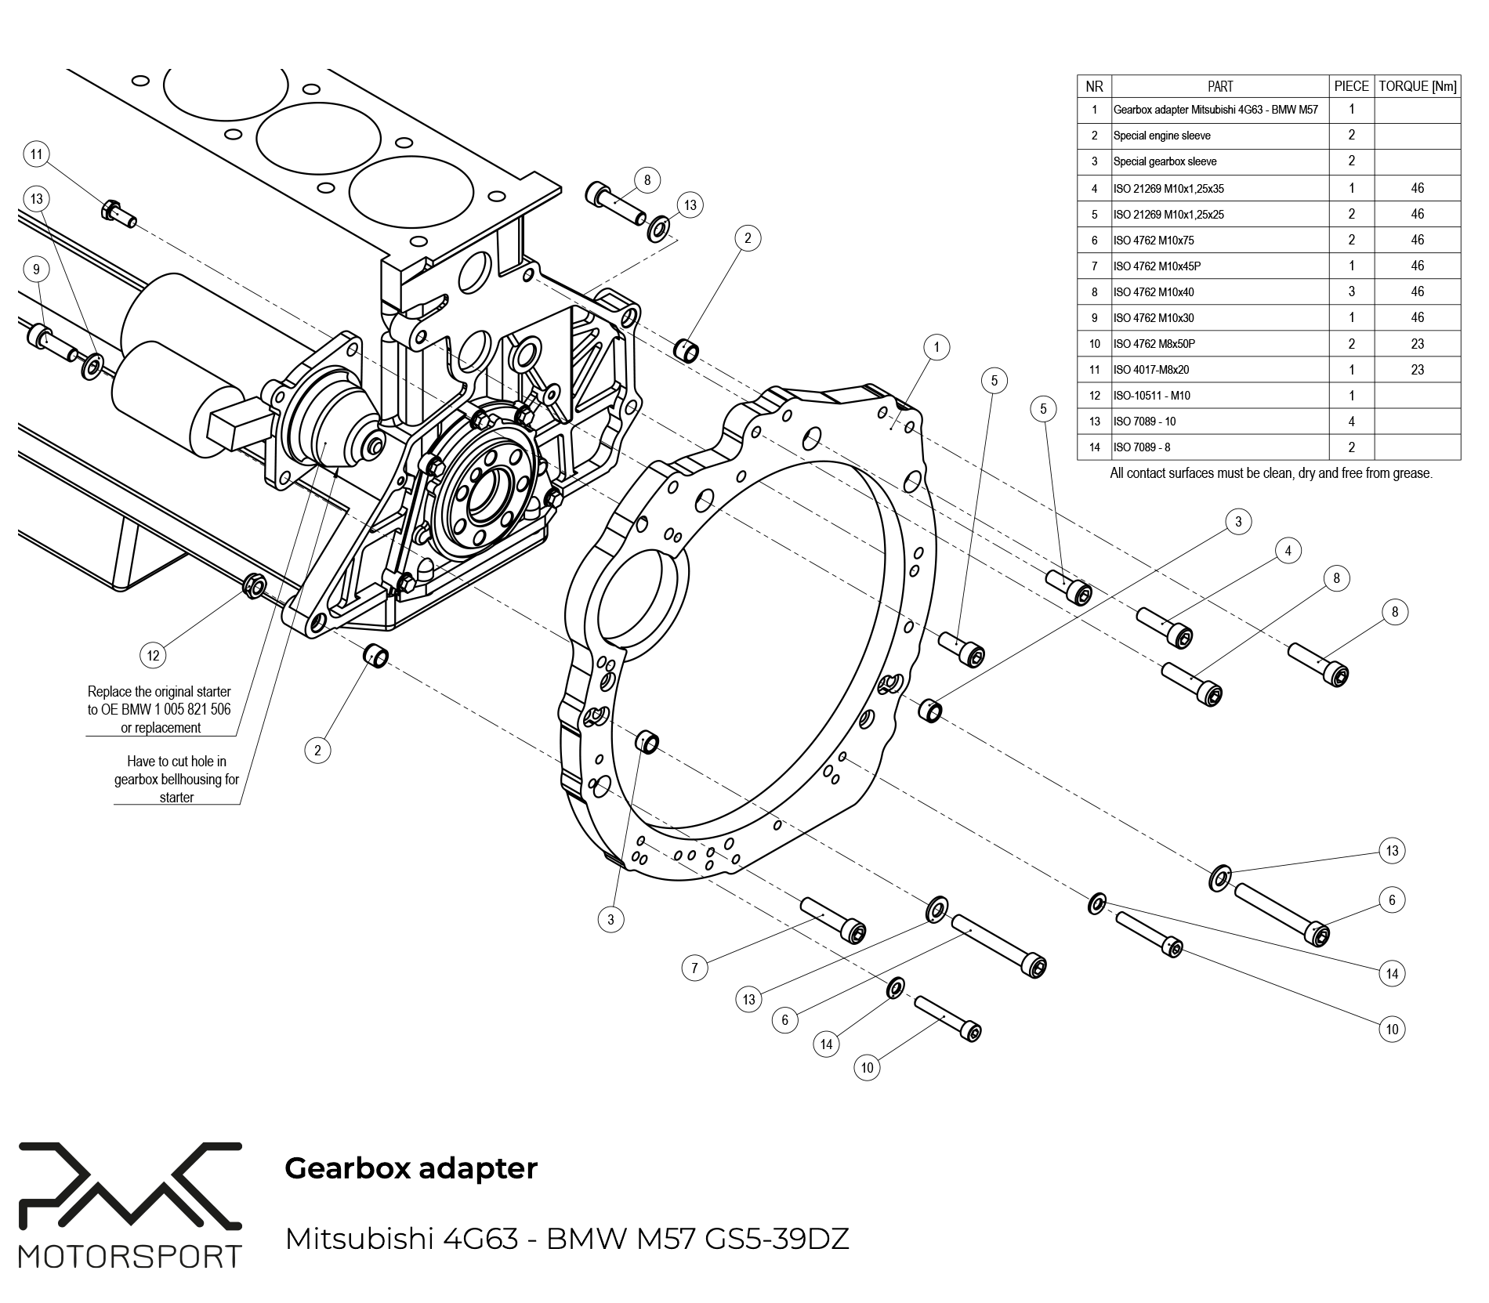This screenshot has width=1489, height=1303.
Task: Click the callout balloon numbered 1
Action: point(936,346)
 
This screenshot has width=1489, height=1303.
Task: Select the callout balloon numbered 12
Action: point(153,655)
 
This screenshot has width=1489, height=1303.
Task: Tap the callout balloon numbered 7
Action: point(694,968)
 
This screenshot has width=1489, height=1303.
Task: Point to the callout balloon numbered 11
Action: point(37,154)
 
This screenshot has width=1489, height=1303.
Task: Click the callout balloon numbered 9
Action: point(36,270)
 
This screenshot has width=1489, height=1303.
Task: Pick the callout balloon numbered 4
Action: point(1288,551)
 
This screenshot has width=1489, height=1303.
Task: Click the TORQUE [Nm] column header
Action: point(1417,86)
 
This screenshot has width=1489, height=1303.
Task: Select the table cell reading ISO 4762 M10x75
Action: point(1154,241)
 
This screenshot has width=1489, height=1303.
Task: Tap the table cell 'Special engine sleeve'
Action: point(1161,136)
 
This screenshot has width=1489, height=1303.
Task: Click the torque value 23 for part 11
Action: point(1417,369)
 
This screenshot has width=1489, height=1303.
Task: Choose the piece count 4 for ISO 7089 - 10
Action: point(1351,422)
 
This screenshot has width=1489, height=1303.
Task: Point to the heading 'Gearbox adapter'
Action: point(411,1168)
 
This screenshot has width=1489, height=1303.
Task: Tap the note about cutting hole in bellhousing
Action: point(176,779)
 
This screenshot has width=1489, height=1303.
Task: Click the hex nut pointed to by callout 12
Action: point(254,585)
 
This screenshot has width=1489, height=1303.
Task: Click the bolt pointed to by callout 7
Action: point(833,920)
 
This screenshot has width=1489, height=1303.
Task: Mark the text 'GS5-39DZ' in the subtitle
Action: point(777,1239)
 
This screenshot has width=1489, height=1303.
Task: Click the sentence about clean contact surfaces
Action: point(1270,473)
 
